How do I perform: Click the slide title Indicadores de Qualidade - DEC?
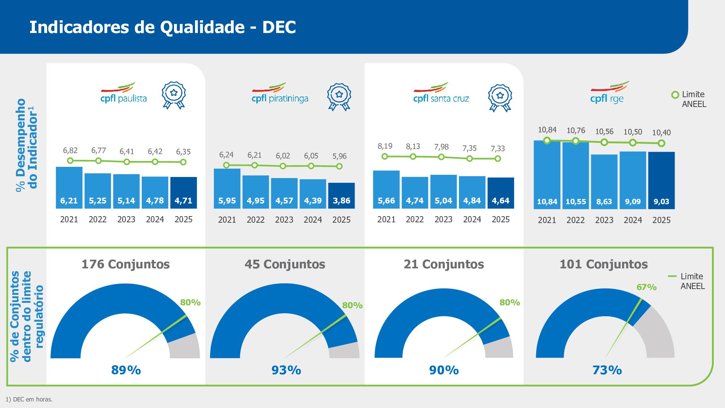click(162, 27)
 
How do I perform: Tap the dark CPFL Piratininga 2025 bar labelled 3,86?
click(341, 196)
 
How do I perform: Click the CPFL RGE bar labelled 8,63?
click(604, 181)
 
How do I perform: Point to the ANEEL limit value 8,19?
click(385, 146)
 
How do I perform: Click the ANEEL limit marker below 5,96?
click(339, 166)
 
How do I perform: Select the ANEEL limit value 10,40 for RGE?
click(661, 133)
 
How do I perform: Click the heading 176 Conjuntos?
click(125, 264)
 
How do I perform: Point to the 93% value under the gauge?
click(286, 370)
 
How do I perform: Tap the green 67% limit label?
click(646, 287)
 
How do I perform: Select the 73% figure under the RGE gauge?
click(607, 370)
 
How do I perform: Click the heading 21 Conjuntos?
click(444, 264)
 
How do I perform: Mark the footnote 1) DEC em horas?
click(29, 399)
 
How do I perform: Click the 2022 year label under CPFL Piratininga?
click(256, 220)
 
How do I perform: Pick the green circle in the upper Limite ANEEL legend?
click(675, 95)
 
